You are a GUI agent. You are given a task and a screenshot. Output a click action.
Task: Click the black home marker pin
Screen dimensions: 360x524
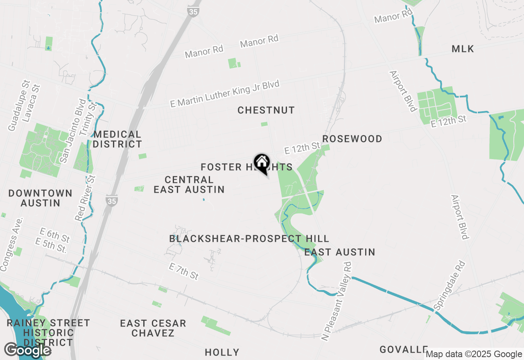coord(262,163)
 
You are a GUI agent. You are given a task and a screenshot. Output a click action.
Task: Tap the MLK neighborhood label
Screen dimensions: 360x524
coord(463,49)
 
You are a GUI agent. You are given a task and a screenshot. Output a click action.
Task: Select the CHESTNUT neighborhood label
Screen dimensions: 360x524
coord(266,110)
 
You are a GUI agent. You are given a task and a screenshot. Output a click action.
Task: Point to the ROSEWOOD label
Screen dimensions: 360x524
coord(352,139)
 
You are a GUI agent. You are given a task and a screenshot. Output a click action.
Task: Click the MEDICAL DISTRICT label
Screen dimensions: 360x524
coord(117,139)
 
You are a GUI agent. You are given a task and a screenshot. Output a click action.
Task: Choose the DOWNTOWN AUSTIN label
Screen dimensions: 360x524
coord(40,198)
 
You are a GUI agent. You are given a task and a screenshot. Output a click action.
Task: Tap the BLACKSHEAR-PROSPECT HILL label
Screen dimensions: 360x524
coord(249,239)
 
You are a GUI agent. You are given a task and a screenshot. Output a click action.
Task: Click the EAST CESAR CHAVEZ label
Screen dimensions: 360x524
coord(153,328)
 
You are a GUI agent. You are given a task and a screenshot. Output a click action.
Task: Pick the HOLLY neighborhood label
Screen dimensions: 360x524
coord(222,352)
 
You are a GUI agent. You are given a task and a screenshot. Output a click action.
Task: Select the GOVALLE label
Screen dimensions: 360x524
coord(403,349)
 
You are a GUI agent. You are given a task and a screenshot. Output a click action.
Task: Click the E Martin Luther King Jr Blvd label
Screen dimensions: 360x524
coord(225,94)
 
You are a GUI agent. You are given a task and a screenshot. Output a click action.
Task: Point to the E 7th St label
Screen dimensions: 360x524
coord(184,271)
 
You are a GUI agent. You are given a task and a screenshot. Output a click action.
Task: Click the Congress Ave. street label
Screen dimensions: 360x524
coord(11,249)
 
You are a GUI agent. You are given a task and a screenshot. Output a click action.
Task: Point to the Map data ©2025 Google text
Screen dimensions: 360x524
coord(474,354)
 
